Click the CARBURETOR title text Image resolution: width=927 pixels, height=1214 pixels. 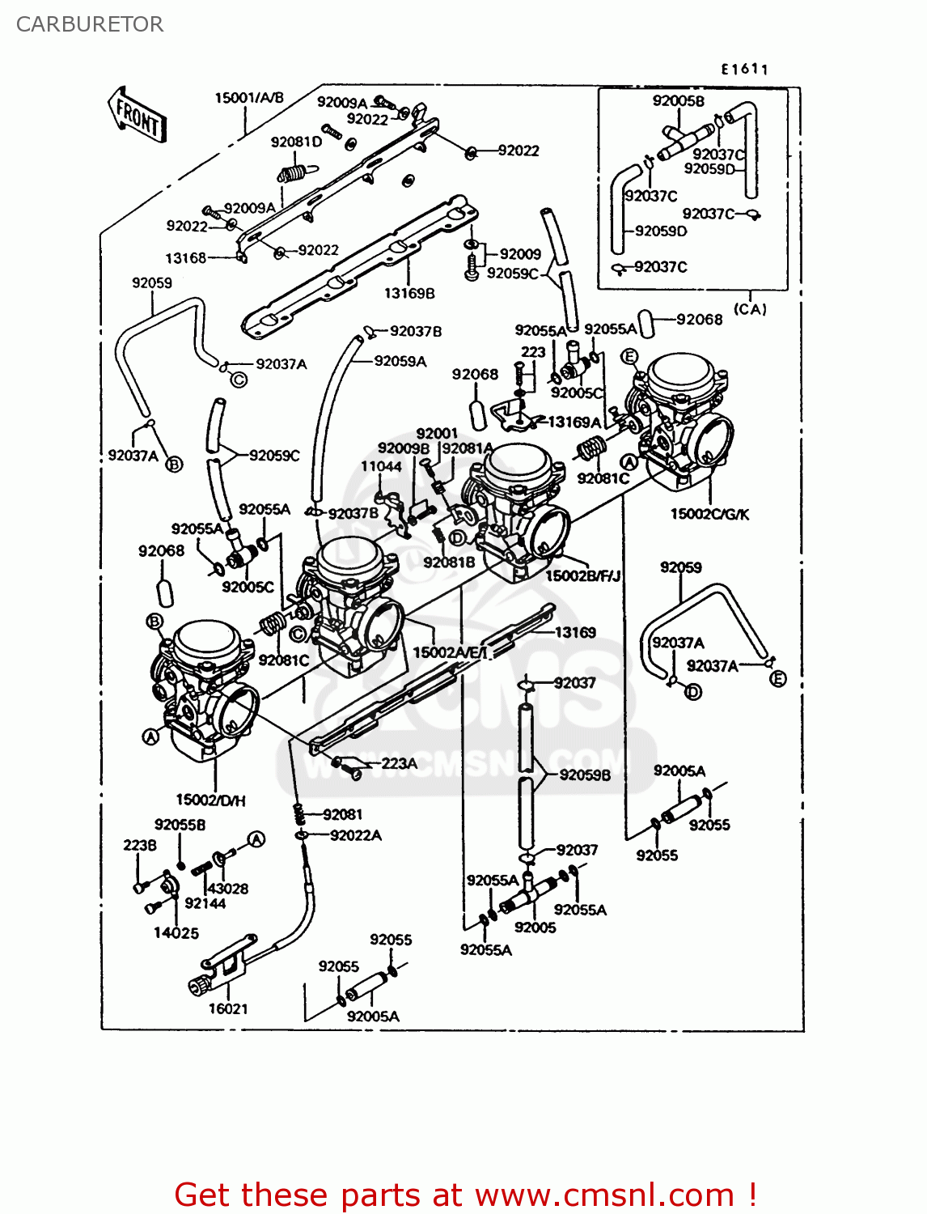[x=90, y=24]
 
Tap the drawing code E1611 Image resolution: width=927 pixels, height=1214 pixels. [x=744, y=70]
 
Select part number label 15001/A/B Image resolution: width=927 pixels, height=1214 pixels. [x=249, y=98]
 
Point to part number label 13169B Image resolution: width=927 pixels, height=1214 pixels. [x=409, y=293]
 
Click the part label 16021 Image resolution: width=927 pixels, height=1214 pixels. [x=228, y=1008]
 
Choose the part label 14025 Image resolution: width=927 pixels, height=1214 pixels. [x=176, y=932]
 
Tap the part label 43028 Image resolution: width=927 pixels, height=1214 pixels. [x=228, y=888]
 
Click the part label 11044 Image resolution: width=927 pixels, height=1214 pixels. [x=381, y=466]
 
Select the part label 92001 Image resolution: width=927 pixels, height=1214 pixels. [x=437, y=434]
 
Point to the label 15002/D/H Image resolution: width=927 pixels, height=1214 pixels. [x=210, y=800]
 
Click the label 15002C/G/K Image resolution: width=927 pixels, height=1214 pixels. [x=709, y=514]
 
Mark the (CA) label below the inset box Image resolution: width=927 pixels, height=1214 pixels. [x=750, y=309]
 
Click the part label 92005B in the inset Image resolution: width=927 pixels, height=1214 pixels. [x=678, y=101]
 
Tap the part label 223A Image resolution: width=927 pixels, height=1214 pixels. [x=400, y=763]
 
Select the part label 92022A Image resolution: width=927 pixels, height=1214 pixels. [x=355, y=835]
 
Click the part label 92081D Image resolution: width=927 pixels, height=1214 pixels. [x=296, y=142]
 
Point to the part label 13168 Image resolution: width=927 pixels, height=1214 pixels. [x=186, y=258]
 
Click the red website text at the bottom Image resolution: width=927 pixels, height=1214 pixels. [x=466, y=1195]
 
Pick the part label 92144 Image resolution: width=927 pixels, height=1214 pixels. [x=205, y=903]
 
